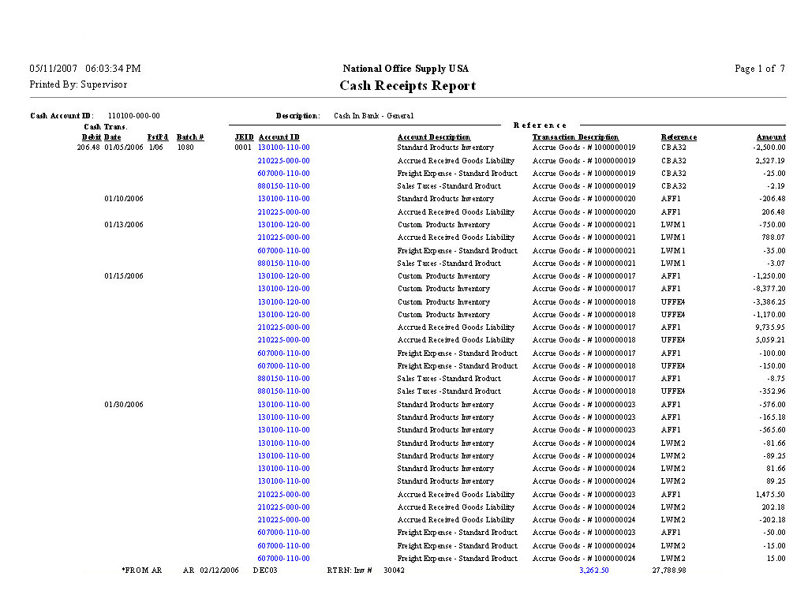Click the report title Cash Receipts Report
click(x=407, y=86)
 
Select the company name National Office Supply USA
click(x=406, y=69)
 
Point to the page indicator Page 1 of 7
click(x=759, y=69)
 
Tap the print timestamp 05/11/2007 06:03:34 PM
click(x=85, y=69)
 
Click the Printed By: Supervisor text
click(x=78, y=84)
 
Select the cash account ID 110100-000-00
click(x=133, y=116)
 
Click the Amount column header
click(x=771, y=137)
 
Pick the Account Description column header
click(x=434, y=137)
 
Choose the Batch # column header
click(x=190, y=137)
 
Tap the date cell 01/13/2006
click(x=124, y=225)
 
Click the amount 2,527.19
click(x=769, y=161)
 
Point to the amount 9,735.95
click(x=769, y=327)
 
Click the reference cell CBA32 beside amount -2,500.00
click(x=673, y=148)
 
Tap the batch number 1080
click(x=185, y=148)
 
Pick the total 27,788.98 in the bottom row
click(x=668, y=570)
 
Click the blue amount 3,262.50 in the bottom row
click(x=593, y=570)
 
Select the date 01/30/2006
click(x=124, y=405)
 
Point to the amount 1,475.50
click(x=769, y=495)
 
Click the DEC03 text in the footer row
click(x=265, y=570)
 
